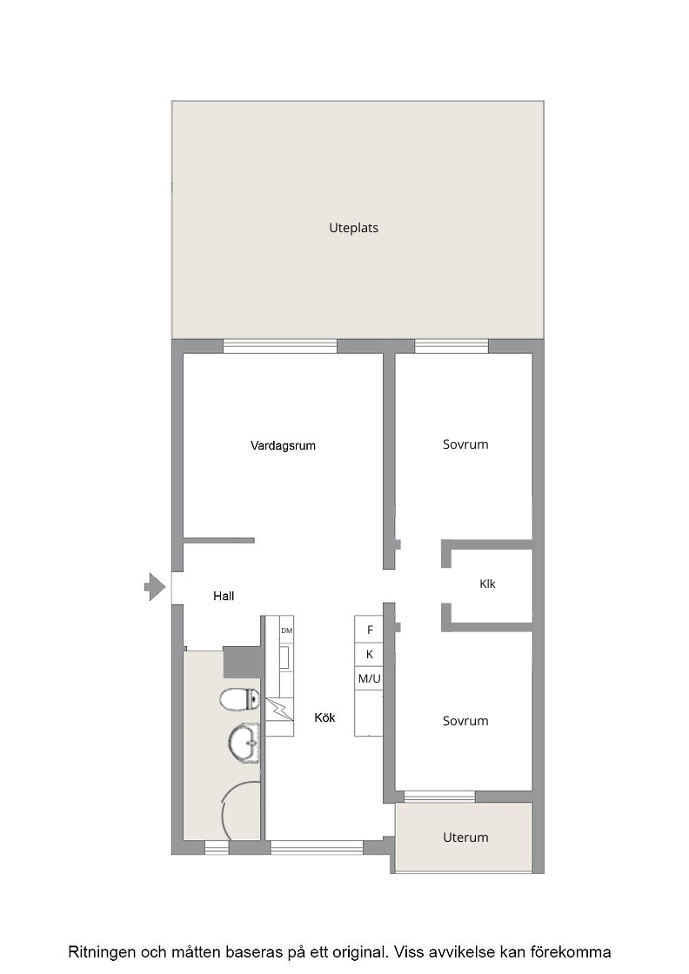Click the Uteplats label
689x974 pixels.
(353, 228)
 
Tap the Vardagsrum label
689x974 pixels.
(283, 445)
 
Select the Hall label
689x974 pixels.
(224, 596)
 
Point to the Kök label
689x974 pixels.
(324, 717)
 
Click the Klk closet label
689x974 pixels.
(488, 584)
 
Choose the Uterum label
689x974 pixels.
(465, 837)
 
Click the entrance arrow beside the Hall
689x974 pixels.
(155, 587)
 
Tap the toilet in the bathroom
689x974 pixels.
(240, 699)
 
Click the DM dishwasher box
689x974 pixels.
(286, 630)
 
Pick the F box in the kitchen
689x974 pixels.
(369, 630)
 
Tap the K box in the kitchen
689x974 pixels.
(369, 655)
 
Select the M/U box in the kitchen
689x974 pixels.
(369, 679)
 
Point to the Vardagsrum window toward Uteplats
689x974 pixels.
(280, 346)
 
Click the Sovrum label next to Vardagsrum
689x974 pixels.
(465, 444)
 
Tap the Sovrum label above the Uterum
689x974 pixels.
(465, 721)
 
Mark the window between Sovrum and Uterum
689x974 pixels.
(439, 797)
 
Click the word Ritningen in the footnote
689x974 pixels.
(102, 952)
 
